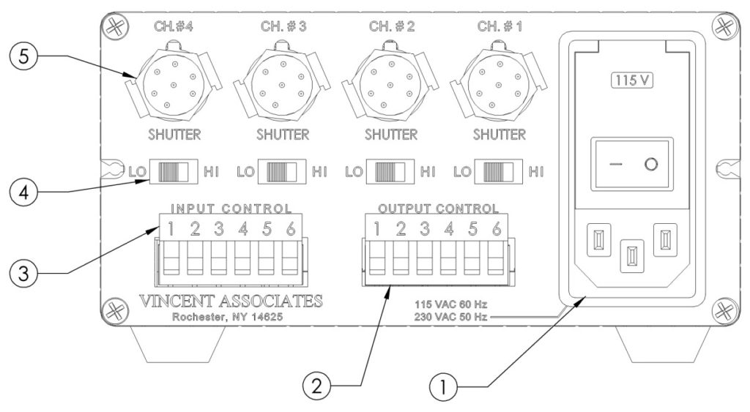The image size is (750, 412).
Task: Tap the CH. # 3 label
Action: coord(283,27)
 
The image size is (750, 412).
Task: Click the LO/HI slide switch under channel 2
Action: coord(390,173)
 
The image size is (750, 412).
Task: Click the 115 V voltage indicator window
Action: coord(632,80)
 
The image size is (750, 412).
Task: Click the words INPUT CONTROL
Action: coord(231,209)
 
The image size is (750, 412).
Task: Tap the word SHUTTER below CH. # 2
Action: coord(391,135)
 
